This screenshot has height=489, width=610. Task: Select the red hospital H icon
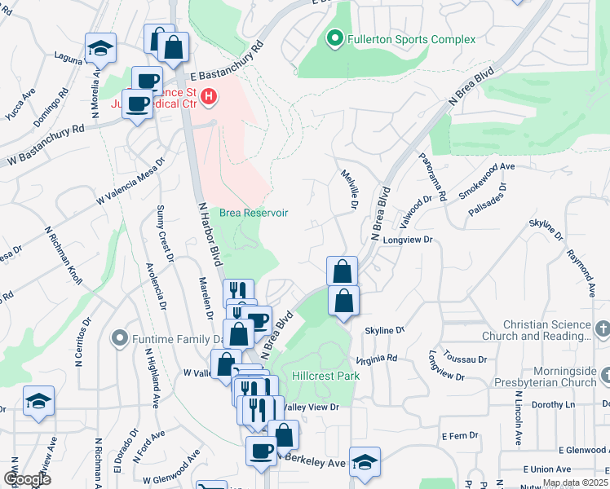(210, 99)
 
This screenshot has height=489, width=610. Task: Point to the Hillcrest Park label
(325, 377)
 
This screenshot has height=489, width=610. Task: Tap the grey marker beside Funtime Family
(120, 337)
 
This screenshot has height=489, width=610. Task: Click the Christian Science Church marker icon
(603, 329)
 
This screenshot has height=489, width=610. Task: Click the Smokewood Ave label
(488, 177)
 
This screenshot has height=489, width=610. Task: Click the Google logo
(28, 479)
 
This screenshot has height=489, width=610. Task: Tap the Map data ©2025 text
(575, 482)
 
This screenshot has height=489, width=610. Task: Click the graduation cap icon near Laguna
(100, 49)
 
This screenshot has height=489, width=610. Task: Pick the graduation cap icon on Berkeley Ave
(365, 462)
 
